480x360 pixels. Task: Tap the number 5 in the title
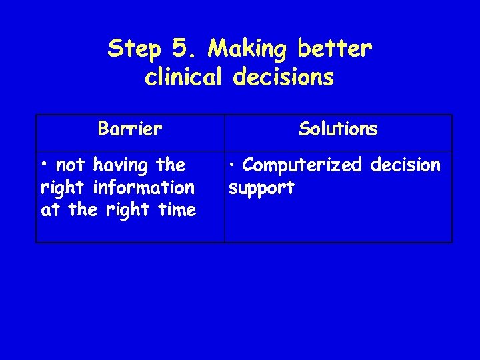(180, 49)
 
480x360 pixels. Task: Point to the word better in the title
(335, 49)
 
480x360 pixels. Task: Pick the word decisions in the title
(283, 78)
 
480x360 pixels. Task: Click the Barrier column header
(130, 129)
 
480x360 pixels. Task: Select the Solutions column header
(338, 129)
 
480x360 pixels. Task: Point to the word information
(146, 188)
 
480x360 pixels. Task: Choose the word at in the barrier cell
(50, 211)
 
